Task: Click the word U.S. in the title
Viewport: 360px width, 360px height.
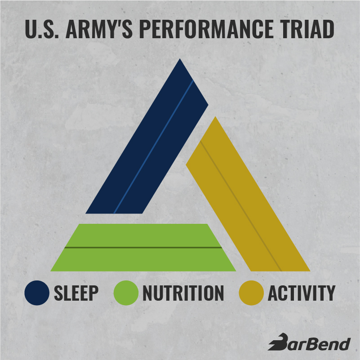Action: (x=42, y=29)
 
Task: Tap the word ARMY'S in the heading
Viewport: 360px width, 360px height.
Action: (x=99, y=29)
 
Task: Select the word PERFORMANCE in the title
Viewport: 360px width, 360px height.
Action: (x=206, y=29)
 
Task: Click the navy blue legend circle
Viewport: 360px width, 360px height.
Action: (x=37, y=293)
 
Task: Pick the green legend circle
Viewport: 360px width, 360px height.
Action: (x=126, y=293)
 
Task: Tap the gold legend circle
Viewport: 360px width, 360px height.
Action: (x=251, y=293)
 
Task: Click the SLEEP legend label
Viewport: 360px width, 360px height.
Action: (x=76, y=293)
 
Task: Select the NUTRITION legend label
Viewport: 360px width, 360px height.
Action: (x=183, y=293)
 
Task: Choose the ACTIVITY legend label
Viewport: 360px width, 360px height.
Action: (x=302, y=293)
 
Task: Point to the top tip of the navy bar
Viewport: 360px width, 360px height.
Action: (x=180, y=59)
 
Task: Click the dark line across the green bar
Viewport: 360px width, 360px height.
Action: (x=143, y=248)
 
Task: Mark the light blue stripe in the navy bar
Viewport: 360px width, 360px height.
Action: (x=153, y=147)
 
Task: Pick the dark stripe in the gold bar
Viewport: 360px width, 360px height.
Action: (x=241, y=206)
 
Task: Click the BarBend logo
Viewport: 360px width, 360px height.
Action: (x=309, y=342)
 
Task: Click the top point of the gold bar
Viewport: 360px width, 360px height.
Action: (x=215, y=117)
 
